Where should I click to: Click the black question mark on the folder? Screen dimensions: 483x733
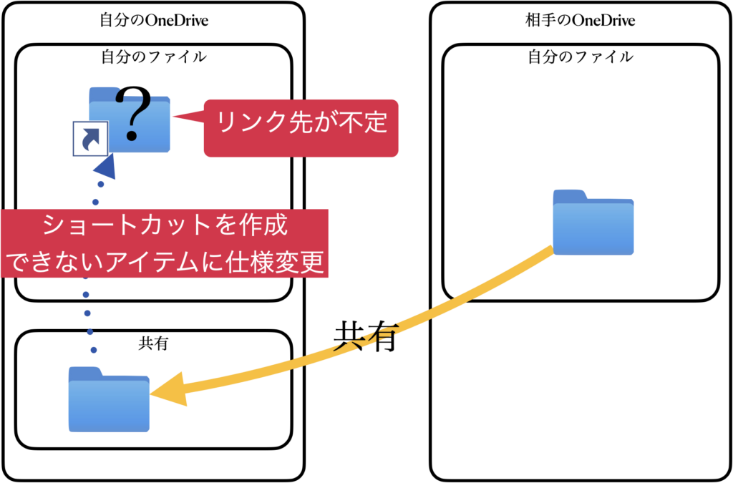(x=134, y=114)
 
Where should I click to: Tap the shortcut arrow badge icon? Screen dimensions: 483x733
(x=91, y=139)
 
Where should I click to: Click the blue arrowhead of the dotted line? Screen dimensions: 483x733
(x=106, y=169)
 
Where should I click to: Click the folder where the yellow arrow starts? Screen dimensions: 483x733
(x=593, y=225)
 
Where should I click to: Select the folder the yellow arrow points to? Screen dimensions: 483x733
(x=109, y=402)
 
